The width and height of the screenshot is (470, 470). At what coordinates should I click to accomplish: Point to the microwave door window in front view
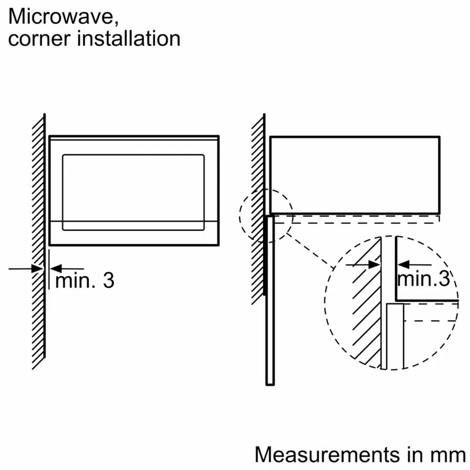pos(133,188)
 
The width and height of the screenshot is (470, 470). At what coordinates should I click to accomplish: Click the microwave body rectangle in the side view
pos(354,174)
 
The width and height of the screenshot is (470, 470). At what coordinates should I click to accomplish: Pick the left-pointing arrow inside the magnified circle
pos(405,265)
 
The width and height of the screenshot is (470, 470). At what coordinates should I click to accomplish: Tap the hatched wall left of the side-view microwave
pos(258,206)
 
